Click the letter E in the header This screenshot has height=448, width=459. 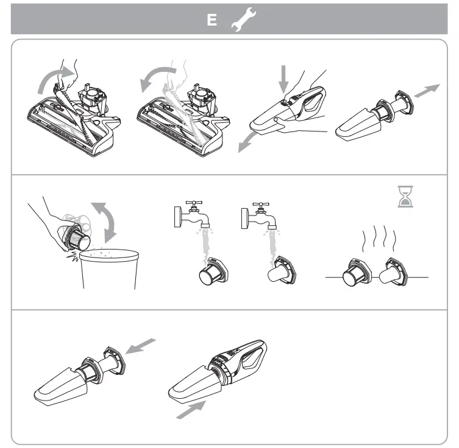click(212, 19)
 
